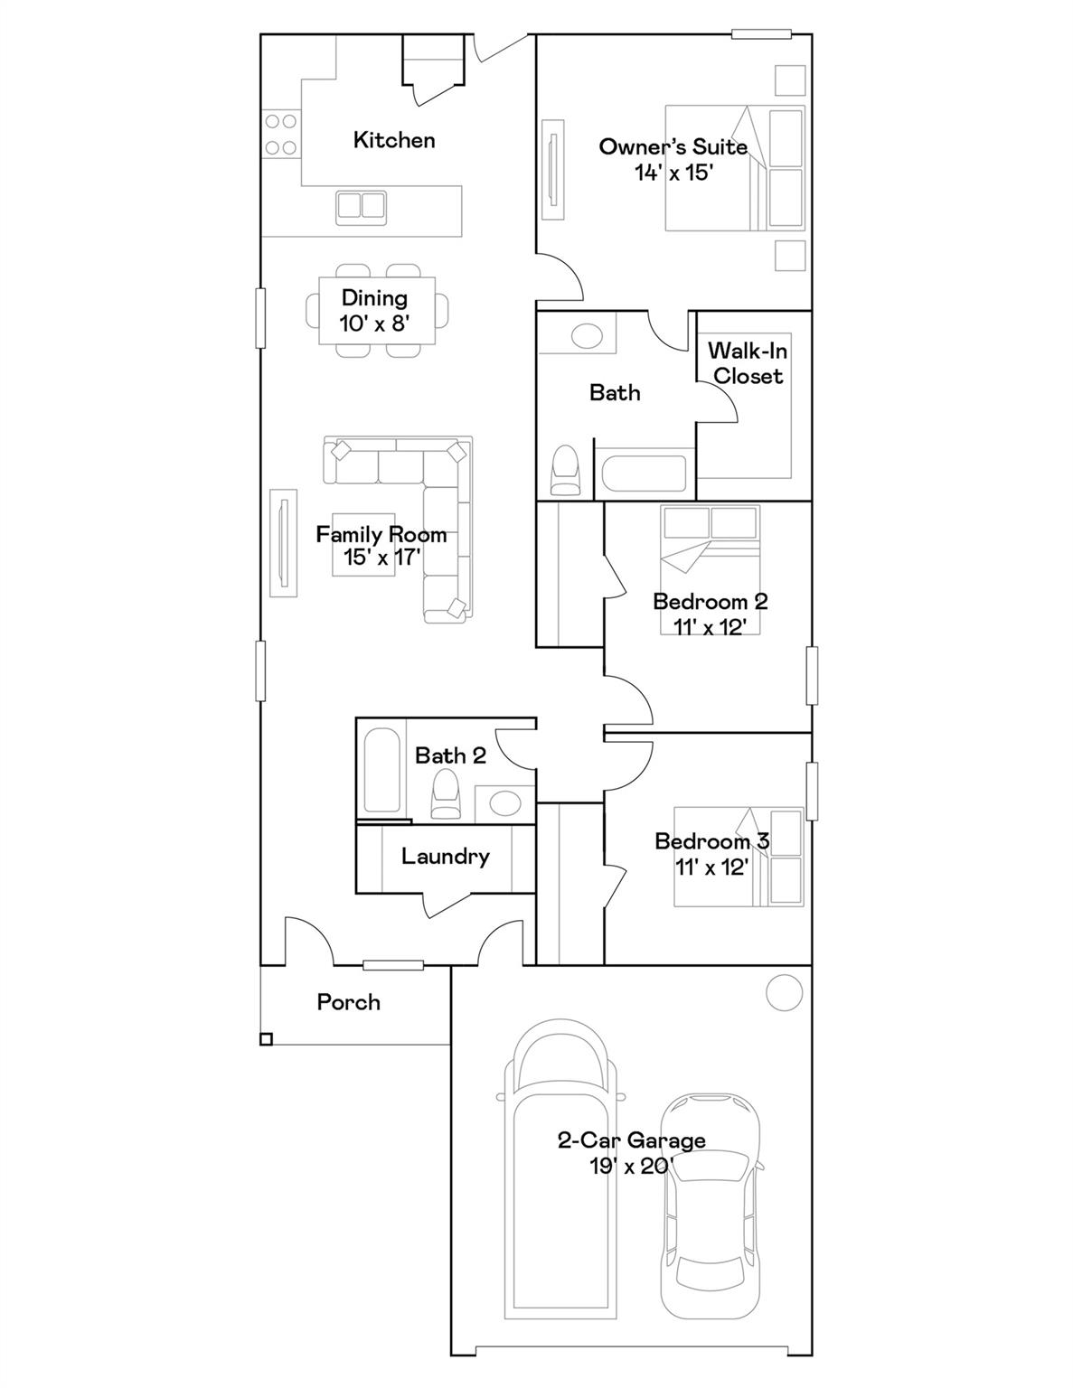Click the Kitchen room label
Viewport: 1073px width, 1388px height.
[x=393, y=140]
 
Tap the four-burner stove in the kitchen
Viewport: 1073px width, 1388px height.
[x=280, y=134]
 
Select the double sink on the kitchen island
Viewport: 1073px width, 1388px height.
[x=361, y=207]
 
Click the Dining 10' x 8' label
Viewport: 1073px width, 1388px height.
[x=374, y=310]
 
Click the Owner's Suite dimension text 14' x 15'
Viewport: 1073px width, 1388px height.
[x=673, y=173]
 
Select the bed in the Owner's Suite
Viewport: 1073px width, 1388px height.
[x=734, y=168]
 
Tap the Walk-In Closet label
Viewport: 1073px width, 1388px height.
[x=747, y=363]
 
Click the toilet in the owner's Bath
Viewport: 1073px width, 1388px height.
[x=566, y=470]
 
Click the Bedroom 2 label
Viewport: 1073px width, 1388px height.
[x=710, y=601]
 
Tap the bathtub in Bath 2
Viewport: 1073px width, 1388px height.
[x=381, y=770]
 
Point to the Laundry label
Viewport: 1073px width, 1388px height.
[x=445, y=856]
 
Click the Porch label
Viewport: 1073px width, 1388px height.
[x=348, y=1002]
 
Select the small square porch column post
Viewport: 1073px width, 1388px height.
[x=266, y=1039]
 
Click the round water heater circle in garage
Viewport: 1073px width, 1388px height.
[x=784, y=993]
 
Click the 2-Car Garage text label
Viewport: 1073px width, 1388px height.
[x=631, y=1140]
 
